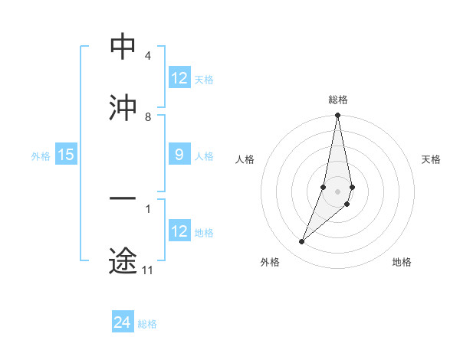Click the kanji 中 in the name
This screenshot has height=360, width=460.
click(123, 47)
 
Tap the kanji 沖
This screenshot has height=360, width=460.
click(123, 109)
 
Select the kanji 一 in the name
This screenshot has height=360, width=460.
click(123, 201)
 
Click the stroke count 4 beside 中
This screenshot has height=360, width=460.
click(147, 56)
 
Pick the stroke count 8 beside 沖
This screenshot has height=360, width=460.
click(147, 117)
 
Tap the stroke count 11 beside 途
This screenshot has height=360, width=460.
click(148, 270)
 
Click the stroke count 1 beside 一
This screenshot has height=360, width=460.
click(147, 208)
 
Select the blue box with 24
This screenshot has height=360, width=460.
click(123, 322)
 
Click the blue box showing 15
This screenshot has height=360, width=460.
click(66, 155)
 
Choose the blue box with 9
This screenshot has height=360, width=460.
click(179, 155)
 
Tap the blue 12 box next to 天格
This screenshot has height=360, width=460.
click(179, 78)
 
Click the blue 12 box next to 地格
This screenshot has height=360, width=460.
click(179, 231)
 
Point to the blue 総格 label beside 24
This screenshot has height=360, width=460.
click(147, 324)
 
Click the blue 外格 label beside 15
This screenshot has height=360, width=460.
click(41, 156)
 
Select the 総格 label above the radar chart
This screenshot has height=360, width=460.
click(338, 100)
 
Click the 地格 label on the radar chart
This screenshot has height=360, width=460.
click(402, 262)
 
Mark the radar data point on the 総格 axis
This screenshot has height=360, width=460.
click(337, 116)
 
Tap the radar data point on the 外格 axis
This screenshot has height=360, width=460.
click(301, 242)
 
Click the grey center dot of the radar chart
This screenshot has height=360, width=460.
click(337, 191)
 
